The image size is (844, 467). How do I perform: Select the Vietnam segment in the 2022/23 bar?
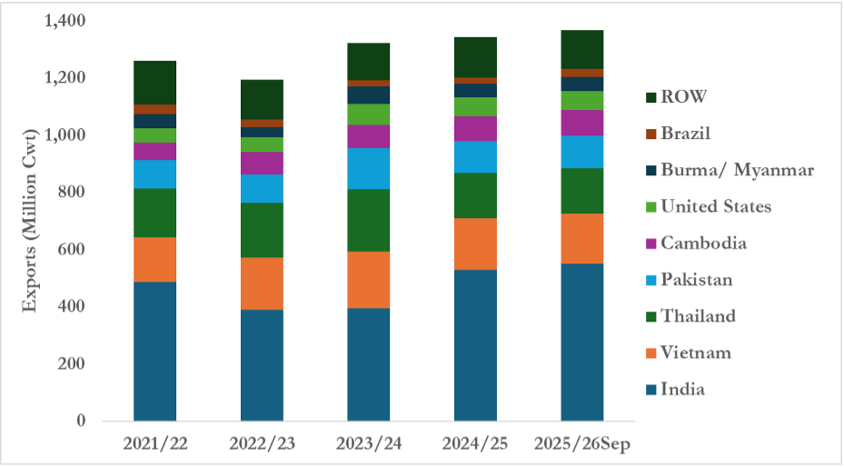tap(262, 283)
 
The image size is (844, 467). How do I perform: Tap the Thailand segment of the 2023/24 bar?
tap(369, 220)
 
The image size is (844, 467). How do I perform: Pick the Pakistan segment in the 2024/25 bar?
tap(475, 157)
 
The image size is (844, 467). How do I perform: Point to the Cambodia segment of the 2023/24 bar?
tap(369, 136)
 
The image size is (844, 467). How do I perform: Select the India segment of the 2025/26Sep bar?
tap(582, 342)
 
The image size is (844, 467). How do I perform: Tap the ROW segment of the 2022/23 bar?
tap(262, 99)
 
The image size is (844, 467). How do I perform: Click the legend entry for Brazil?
tap(687, 134)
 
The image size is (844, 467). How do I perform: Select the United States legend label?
tap(717, 206)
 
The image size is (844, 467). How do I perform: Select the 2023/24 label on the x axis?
tap(369, 445)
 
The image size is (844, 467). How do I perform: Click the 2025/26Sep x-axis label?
tap(582, 445)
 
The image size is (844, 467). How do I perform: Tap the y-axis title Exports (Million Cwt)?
tap(31, 220)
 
